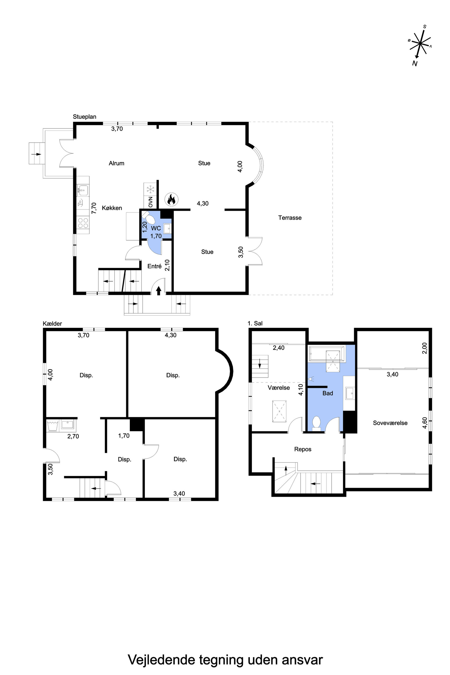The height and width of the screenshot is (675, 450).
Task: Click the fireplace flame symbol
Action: [171, 199]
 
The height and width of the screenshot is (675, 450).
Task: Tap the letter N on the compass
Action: [415, 64]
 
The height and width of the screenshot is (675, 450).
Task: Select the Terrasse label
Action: [290, 218]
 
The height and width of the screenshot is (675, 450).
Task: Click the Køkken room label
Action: [112, 208]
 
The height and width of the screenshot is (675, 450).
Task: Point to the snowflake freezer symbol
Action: [150, 189]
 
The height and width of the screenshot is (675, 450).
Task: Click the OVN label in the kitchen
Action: [151, 202]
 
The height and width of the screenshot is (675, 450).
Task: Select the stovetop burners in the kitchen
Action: [83, 223]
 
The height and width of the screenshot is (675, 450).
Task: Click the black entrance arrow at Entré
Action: [158, 291]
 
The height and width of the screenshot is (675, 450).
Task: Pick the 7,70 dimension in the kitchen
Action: [94, 208]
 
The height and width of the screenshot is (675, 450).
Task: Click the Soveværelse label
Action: [390, 423]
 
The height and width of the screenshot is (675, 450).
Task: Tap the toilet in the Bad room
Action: [316, 423]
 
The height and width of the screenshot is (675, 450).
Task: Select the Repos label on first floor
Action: [303, 449]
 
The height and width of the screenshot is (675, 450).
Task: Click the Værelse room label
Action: [279, 388]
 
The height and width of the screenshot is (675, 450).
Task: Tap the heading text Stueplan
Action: [84, 117]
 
